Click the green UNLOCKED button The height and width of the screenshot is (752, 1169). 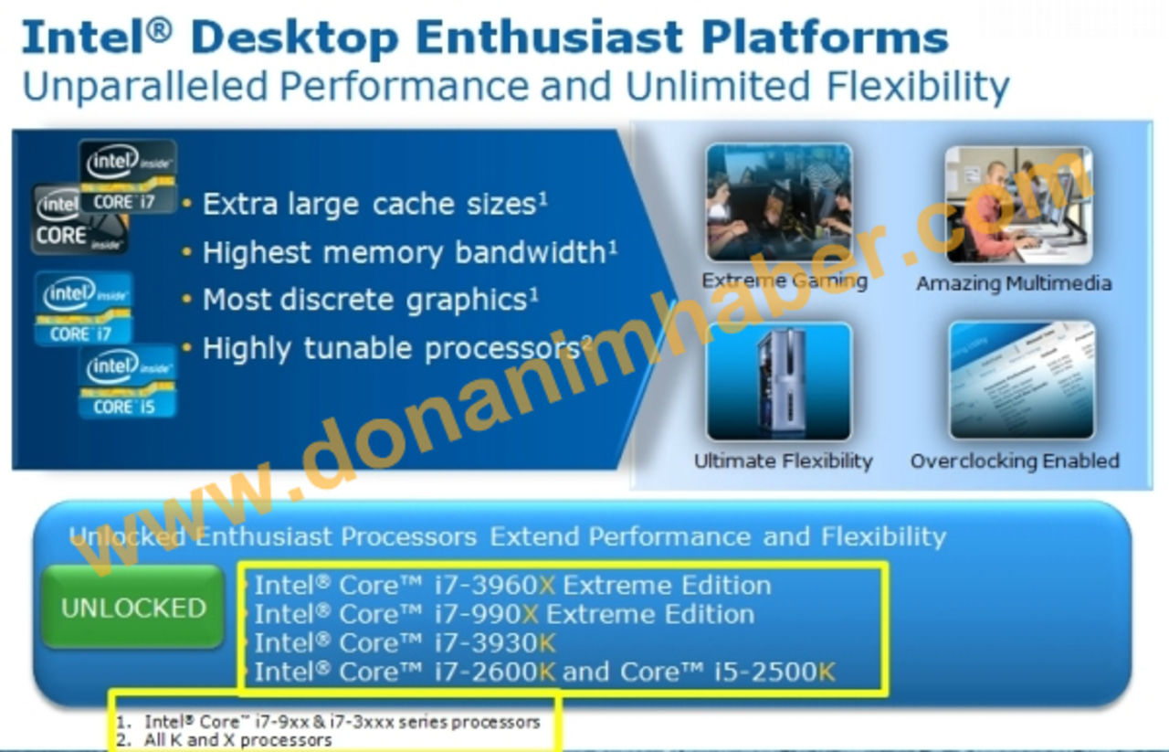coord(133,608)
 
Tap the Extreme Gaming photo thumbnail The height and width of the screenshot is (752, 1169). coord(779,202)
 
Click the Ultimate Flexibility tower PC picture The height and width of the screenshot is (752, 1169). coord(779,380)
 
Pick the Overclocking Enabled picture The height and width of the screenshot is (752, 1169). coord(1021,380)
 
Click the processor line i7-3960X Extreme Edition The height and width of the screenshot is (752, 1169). coord(512,585)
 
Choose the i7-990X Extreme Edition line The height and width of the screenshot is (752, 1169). coord(504,614)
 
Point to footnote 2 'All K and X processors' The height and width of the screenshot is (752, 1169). coord(237,739)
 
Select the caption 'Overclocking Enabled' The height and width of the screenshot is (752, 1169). coord(1015,461)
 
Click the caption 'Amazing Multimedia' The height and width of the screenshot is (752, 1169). coord(1014,283)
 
